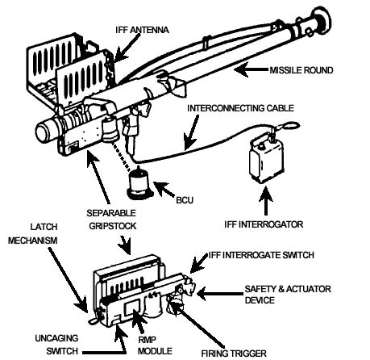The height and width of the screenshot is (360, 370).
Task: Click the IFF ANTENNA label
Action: (x=142, y=30)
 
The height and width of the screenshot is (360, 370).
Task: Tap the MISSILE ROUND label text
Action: (x=301, y=70)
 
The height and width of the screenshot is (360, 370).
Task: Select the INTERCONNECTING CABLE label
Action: (x=240, y=108)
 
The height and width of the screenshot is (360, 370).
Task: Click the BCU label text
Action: (x=185, y=200)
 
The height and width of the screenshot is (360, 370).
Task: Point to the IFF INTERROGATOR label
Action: (x=264, y=224)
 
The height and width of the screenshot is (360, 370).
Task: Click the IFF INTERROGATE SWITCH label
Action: (x=261, y=255)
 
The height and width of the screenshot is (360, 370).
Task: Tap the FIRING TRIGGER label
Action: (x=234, y=354)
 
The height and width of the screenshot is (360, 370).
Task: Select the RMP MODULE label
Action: (x=155, y=345)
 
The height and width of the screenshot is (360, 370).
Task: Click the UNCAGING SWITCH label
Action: (x=56, y=345)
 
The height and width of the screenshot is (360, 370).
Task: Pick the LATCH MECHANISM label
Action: (x=33, y=233)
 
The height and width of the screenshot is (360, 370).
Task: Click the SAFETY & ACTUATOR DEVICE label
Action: (x=288, y=295)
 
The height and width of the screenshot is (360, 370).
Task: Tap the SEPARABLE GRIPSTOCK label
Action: (x=111, y=220)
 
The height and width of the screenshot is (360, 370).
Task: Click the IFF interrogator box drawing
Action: (x=266, y=160)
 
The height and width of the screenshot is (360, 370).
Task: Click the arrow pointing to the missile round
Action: (x=252, y=69)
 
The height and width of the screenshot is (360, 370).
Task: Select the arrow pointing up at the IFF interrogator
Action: (x=266, y=200)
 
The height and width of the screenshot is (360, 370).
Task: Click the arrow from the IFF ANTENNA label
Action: (x=127, y=48)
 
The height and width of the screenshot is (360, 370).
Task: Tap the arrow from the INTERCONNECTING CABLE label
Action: (x=192, y=132)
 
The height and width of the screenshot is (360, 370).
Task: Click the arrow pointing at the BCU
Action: (x=164, y=190)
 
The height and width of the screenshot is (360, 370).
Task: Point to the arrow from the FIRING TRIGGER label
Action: (x=197, y=324)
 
